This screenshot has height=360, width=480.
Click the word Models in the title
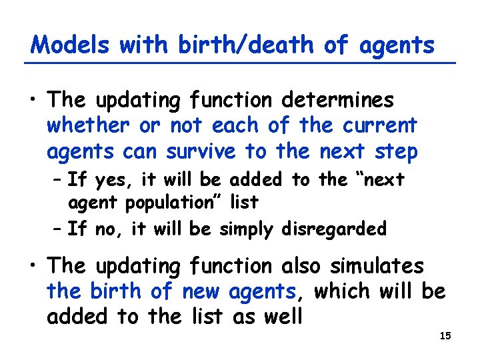(70, 45)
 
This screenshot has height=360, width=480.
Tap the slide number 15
(446, 335)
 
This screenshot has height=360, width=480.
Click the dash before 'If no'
(57, 230)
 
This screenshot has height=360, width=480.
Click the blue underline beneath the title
(240, 63)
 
